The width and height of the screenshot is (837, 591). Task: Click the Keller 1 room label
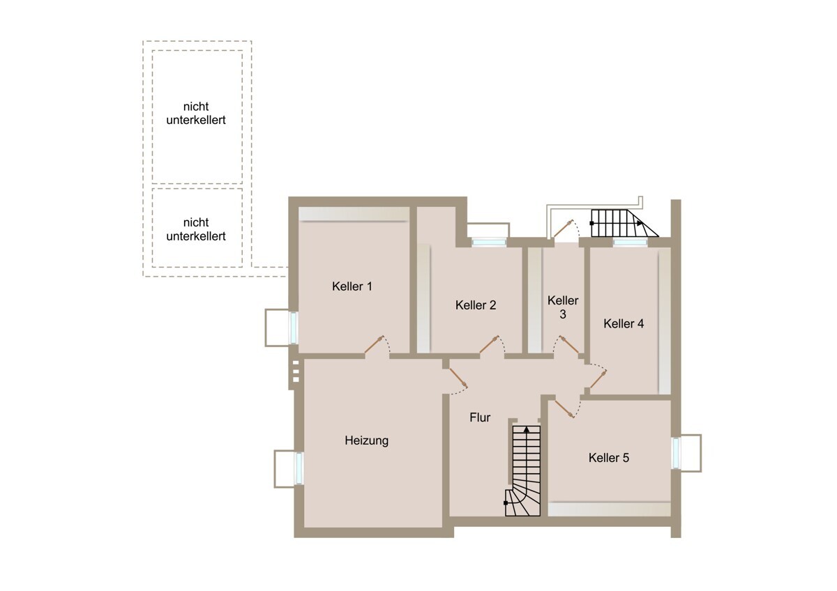coord(352,286)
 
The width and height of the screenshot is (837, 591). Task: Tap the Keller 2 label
coord(476,305)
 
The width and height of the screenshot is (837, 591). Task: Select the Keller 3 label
coord(563,307)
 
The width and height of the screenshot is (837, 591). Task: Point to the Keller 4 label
coord(624,323)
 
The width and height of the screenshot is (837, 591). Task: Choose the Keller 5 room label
coord(609,457)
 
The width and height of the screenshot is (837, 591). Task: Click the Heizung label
coord(367,440)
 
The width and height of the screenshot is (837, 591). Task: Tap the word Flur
coord(480,417)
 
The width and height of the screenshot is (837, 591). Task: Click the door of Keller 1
coord(375,344)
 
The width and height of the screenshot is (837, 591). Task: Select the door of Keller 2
coord(490,344)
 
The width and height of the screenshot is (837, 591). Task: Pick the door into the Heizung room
coord(458,378)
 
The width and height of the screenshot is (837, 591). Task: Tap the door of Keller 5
coord(564,409)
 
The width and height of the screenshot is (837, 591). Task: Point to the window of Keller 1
coord(294,328)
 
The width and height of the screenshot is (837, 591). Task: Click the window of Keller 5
coord(676,453)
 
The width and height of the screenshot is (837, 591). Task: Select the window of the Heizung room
coord(299,468)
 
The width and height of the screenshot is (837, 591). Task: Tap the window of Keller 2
coord(489,243)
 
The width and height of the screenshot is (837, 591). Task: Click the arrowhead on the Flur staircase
coord(527,429)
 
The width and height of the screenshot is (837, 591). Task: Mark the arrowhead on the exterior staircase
coord(640,223)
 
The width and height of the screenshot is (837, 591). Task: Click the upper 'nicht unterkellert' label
coord(196,113)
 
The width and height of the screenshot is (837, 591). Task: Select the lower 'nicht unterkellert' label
coord(196,229)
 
